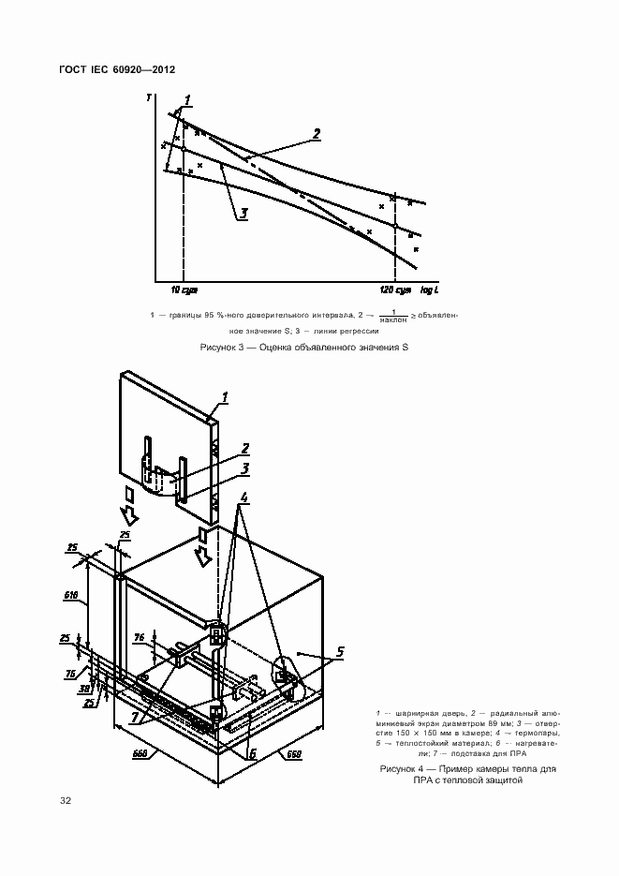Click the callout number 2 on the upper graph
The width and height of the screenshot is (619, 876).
[317, 134]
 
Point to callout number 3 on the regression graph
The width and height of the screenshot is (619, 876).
[243, 214]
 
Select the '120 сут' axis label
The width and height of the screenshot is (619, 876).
[395, 290]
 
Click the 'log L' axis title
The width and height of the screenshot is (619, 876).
[433, 290]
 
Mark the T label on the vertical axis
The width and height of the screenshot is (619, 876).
[149, 97]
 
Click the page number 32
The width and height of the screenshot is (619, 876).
[66, 800]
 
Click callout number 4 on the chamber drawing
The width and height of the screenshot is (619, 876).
[243, 497]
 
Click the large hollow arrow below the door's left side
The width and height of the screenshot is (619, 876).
[132, 512]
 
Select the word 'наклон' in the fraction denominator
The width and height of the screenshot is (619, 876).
[394, 321]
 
